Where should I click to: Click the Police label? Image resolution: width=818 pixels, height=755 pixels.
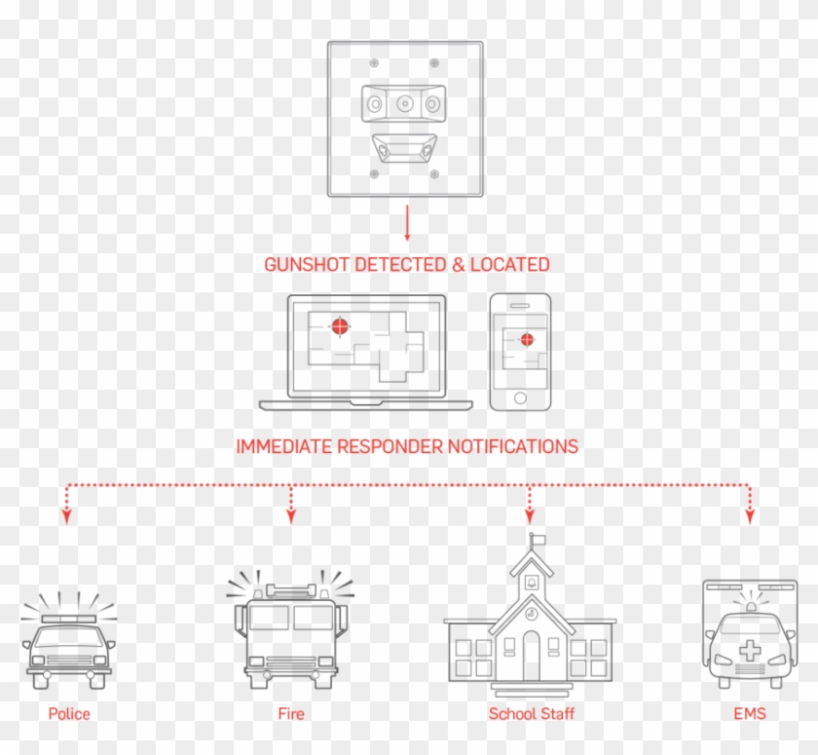pyautogui.click(x=69, y=714)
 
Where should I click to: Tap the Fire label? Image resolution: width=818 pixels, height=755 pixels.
pyautogui.click(x=290, y=714)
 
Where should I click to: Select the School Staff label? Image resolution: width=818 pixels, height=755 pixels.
pyautogui.click(x=531, y=714)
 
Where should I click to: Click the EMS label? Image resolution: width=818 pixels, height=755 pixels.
pyautogui.click(x=749, y=714)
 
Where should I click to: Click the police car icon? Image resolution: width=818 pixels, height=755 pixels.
pyautogui.click(x=69, y=648)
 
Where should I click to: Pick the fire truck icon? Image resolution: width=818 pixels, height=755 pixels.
pyautogui.click(x=290, y=633)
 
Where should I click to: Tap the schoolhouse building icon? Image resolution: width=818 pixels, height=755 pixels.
pyautogui.click(x=531, y=623)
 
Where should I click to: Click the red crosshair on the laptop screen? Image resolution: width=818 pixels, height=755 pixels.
pyautogui.click(x=339, y=326)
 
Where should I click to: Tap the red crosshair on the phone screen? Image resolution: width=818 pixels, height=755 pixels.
pyautogui.click(x=527, y=340)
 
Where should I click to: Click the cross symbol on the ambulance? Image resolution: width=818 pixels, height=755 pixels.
pyautogui.click(x=749, y=651)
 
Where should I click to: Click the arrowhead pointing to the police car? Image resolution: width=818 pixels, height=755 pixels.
pyautogui.click(x=66, y=518)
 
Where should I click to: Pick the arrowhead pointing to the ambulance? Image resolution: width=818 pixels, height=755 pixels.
pyautogui.click(x=749, y=518)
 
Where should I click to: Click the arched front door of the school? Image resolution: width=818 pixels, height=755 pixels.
pyautogui.click(x=531, y=656)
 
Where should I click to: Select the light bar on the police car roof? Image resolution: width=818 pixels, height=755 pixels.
pyautogui.click(x=68, y=619)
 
